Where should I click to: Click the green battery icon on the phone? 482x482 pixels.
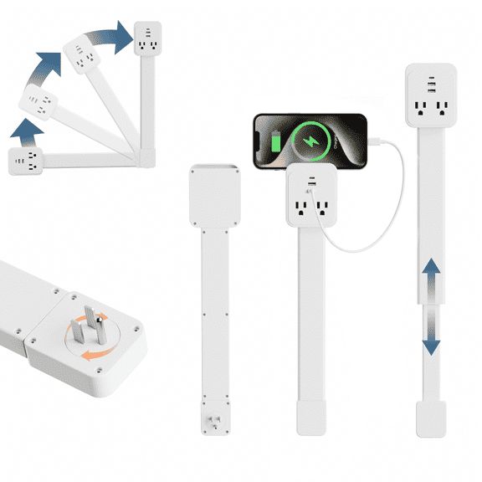point(278,139)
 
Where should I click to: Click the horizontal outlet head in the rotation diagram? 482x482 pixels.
point(26,161)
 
